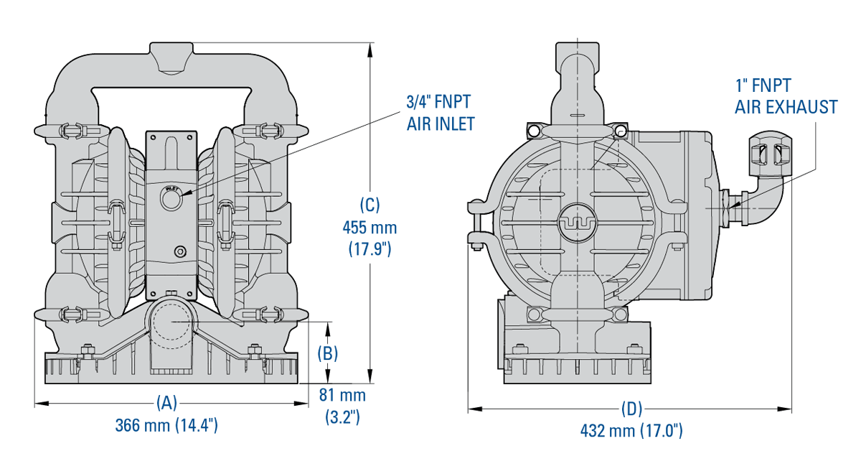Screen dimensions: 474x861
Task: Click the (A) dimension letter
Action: coord(166,402)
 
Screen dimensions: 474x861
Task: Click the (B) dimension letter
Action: coord(327,353)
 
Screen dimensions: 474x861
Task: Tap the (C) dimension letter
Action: coord(370,205)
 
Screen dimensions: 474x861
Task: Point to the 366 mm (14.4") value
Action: coord(166,425)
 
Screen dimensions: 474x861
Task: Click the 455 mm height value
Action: coord(370,228)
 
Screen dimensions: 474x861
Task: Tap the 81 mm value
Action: coord(342,396)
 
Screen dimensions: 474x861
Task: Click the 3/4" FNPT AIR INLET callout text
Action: coord(441,113)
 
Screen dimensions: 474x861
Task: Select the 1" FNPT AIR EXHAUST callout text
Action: coord(786,97)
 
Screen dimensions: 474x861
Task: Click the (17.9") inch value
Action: coord(370,250)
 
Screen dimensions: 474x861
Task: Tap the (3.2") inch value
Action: coord(342,417)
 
